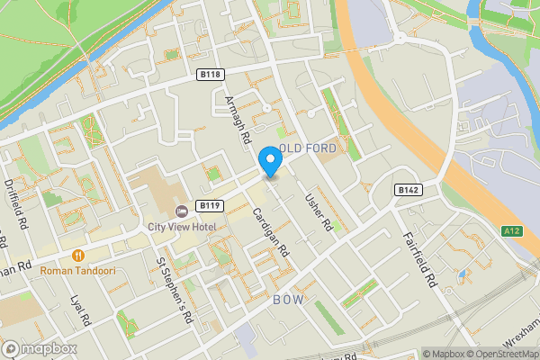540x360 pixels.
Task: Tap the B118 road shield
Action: [211, 75]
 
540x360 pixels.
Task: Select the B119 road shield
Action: [212, 205]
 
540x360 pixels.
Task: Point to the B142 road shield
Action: [408, 190]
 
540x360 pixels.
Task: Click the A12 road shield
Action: [513, 231]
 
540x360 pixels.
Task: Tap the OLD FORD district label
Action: [308, 147]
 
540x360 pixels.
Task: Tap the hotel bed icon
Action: [181, 211]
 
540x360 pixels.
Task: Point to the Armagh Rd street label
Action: [238, 121]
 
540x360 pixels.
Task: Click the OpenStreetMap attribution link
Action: [499, 353]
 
